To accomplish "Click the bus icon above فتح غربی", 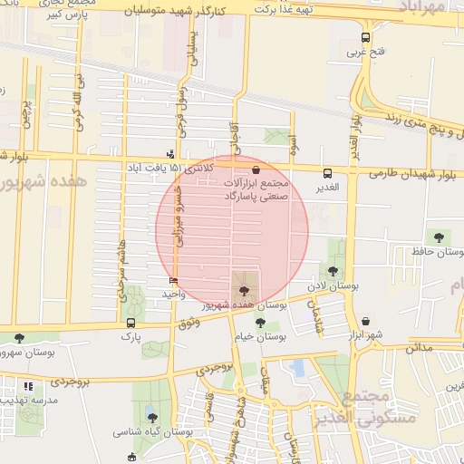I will coord(365,38).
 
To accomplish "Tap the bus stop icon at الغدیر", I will coord(327,173).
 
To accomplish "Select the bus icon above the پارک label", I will coord(131,323).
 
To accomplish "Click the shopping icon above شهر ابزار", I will coord(365,321).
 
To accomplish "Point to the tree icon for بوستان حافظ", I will coord(439,237).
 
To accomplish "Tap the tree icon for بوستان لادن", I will coord(333,271).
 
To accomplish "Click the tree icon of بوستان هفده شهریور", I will coord(242,291).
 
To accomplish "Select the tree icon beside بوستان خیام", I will coord(260,322).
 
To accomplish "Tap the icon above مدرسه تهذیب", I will coord(28,386).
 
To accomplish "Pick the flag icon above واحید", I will coord(173,281).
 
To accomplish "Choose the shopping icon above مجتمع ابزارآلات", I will coord(256,169).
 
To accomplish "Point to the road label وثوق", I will coord(189,322).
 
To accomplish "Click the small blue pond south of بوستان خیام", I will coord(297,367).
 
